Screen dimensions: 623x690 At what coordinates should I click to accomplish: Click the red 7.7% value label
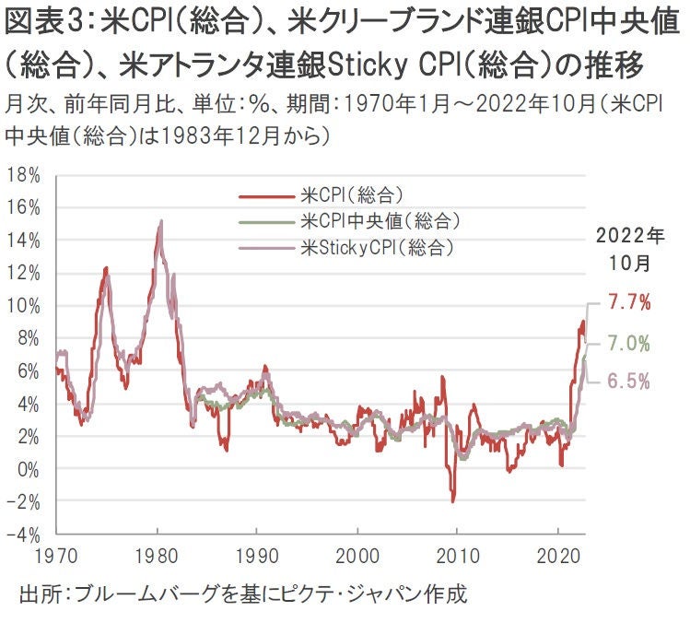pos(630,301)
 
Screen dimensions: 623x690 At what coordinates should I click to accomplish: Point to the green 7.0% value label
pos(630,344)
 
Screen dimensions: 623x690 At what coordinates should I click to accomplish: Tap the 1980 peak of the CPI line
pos(161,222)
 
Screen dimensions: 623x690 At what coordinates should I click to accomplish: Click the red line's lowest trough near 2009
pos(453,500)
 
